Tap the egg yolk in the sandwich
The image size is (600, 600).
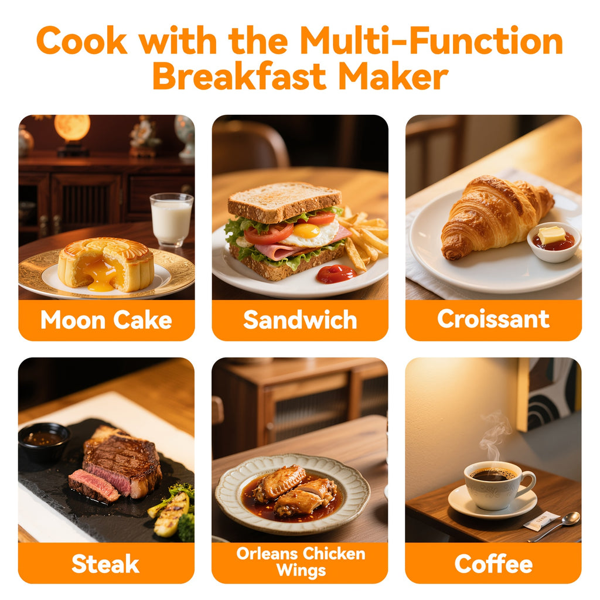pyautogui.click(x=306, y=230)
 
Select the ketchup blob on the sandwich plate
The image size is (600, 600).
pyautogui.click(x=336, y=273)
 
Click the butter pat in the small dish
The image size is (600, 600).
pyautogui.click(x=551, y=235)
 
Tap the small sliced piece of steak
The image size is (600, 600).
pyautogui.click(x=93, y=486)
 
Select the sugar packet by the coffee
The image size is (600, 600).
pyautogui.click(x=541, y=520)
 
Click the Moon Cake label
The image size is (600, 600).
pyautogui.click(x=106, y=320)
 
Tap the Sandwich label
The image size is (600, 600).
pyautogui.click(x=300, y=320)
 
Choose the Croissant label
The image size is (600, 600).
pyautogui.click(x=493, y=319)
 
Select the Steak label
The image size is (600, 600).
pyautogui.click(x=105, y=564)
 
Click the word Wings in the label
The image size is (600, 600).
pyautogui.click(x=300, y=570)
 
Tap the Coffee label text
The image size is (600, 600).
pyautogui.click(x=493, y=564)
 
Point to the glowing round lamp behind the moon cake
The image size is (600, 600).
pyautogui.click(x=72, y=128)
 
